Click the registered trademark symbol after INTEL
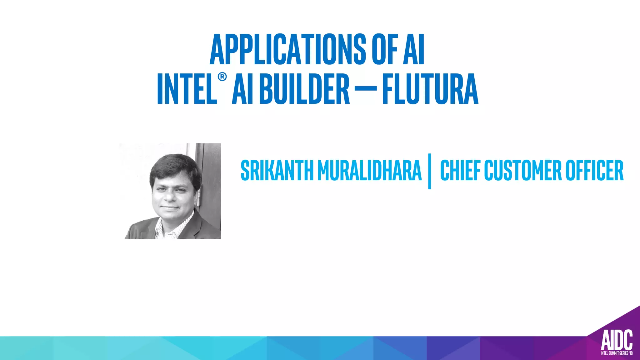click(222, 77)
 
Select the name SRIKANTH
click(277, 171)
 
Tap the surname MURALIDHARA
click(369, 171)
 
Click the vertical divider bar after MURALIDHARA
click(430, 171)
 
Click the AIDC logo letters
click(617, 340)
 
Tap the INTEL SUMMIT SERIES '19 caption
click(617, 353)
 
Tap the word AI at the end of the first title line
click(414, 49)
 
